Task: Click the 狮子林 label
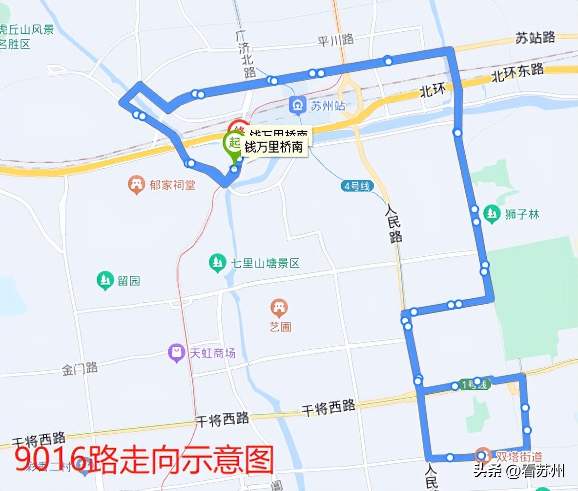(522, 214)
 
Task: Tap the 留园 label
(128, 281)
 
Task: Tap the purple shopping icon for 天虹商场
(175, 353)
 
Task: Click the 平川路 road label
(336, 41)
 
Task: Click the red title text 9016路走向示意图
(144, 460)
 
